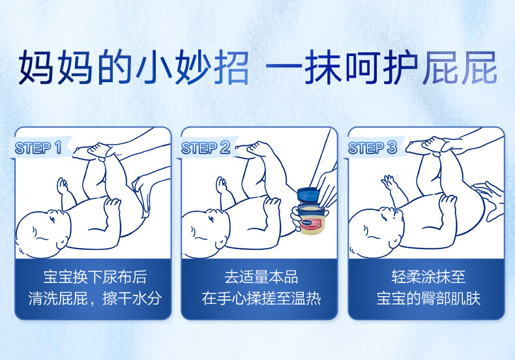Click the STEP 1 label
point(38,147)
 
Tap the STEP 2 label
point(205,147)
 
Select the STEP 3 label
point(372,147)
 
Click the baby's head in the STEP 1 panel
point(42,233)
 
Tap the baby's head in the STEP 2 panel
point(206,233)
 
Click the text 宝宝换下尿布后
point(95,277)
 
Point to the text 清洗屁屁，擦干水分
point(95,298)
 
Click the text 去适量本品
point(261,277)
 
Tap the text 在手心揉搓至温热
point(261,298)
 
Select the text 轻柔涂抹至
point(428,277)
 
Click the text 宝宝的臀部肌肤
point(428,298)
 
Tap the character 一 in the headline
point(284,67)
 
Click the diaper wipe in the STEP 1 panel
point(142,197)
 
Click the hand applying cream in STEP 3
point(490,200)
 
